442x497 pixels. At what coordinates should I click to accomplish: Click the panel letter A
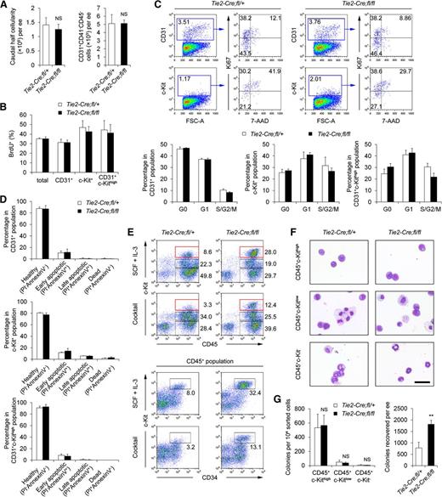click(x=6, y=6)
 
